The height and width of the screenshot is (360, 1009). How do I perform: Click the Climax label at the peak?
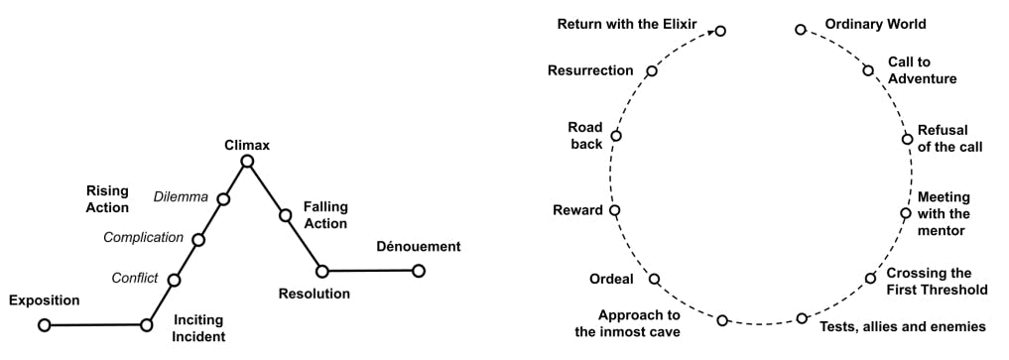tap(247, 146)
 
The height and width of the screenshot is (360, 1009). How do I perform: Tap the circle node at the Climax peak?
tap(247, 162)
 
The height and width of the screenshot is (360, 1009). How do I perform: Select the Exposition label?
tap(44, 300)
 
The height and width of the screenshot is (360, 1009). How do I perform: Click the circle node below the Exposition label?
tap(44, 324)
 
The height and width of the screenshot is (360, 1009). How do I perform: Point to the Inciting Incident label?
tap(198, 328)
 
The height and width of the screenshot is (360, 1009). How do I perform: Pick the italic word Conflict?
tap(134, 279)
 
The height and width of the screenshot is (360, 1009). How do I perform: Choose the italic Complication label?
tap(144, 238)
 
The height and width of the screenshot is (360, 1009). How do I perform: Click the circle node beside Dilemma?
tap(223, 199)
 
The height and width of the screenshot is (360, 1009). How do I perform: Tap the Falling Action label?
tap(325, 215)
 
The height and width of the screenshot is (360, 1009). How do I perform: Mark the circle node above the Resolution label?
tap(322, 271)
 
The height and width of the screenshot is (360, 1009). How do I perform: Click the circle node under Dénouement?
tap(419, 270)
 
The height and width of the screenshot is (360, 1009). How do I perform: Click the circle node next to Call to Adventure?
tap(868, 70)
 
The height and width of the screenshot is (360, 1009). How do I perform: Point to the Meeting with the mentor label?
tap(944, 214)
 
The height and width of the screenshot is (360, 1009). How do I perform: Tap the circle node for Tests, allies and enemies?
tap(802, 318)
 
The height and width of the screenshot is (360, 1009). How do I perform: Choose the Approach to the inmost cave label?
tap(628, 323)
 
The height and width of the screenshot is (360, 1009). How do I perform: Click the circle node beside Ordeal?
tap(655, 280)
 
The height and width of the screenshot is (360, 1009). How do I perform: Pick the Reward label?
tap(577, 210)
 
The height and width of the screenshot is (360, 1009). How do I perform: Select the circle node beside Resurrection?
tap(652, 70)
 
